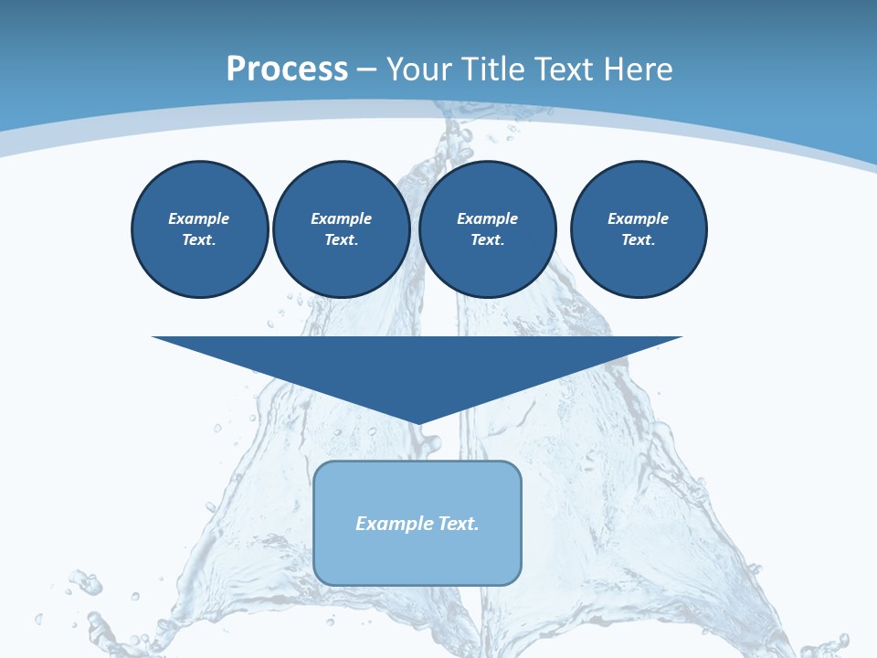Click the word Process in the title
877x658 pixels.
tap(287, 69)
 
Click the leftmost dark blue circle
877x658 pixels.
tap(199, 229)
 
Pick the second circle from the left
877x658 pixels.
tap(341, 229)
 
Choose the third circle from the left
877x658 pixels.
tap(487, 229)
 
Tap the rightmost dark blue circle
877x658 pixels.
tap(638, 229)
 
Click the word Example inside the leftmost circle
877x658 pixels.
tap(199, 218)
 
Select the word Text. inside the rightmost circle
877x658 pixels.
tap(638, 240)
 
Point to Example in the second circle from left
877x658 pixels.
tap(341, 218)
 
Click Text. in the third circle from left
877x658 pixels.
tap(487, 240)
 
